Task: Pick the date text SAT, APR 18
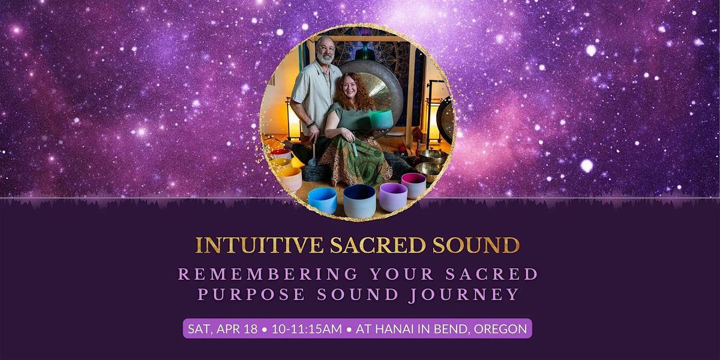[223, 329]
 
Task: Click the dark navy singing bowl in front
[359, 200]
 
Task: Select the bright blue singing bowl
[322, 200]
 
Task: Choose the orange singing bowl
[290, 178]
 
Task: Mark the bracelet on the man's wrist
[310, 125]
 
